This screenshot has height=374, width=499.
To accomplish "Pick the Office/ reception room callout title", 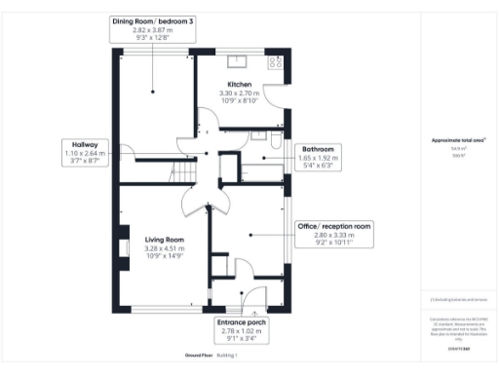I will [333, 226].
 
